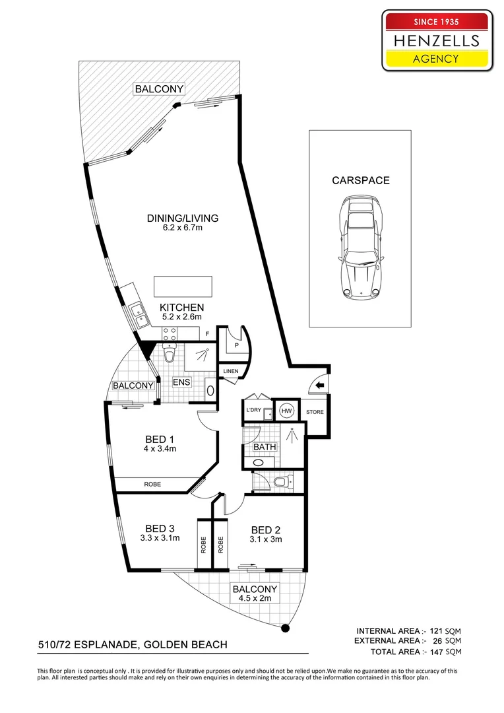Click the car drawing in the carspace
(360, 248)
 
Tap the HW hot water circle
(286, 411)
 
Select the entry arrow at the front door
(319, 386)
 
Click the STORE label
(315, 412)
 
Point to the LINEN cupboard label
(231, 371)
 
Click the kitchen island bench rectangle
(183, 287)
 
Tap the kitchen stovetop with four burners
(170, 334)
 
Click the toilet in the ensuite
(169, 353)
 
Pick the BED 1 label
(160, 439)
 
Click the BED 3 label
(160, 528)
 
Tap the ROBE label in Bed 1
(152, 485)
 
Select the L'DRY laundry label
(253, 410)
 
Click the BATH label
(265, 447)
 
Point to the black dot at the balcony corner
(286, 628)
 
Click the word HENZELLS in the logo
(437, 41)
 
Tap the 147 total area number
(436, 652)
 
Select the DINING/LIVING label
(183, 218)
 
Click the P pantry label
(237, 345)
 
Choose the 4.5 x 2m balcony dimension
(255, 598)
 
